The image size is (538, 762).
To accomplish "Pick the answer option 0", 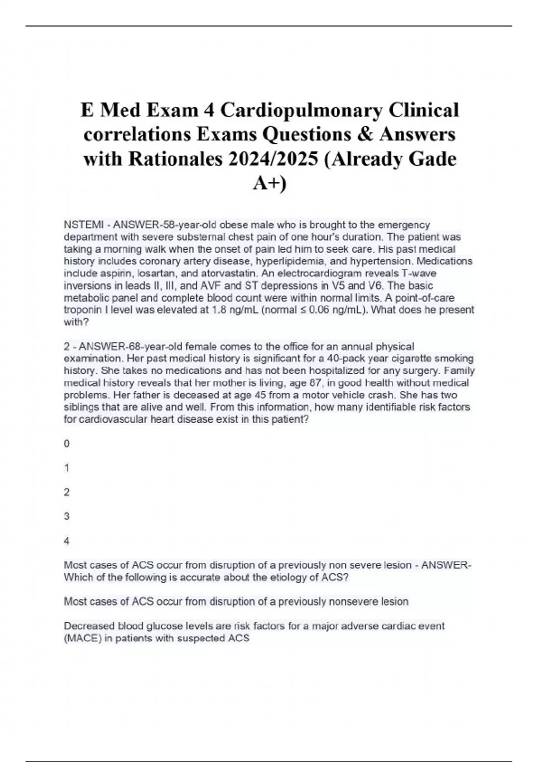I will [x=67, y=444].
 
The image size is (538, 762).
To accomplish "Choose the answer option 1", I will [x=67, y=468].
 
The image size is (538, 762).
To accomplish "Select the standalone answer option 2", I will [x=67, y=492].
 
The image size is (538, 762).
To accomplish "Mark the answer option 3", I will [x=67, y=516].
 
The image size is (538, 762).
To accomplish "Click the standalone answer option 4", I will [x=67, y=541].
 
